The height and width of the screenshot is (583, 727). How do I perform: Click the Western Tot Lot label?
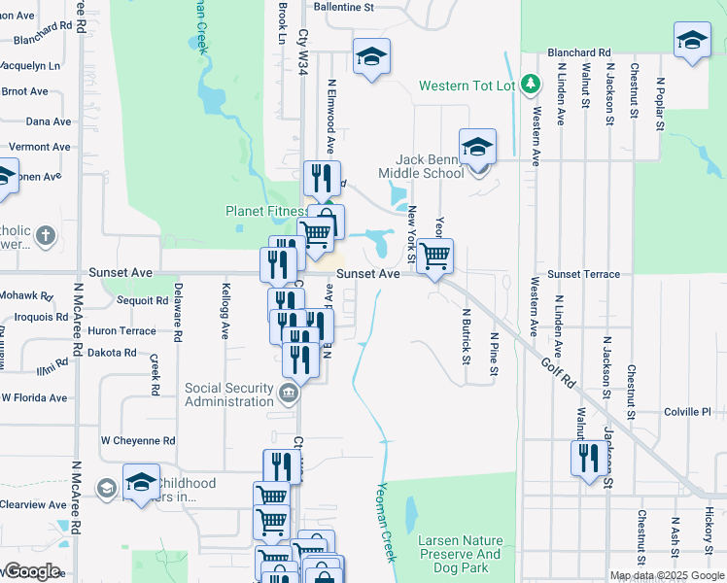point(466,86)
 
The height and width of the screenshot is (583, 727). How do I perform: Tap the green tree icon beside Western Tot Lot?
point(530,86)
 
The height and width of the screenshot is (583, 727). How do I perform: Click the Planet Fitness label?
point(266,211)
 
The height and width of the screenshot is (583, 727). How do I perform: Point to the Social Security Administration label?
point(230,394)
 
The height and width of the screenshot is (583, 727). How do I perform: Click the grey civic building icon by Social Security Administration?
point(289,394)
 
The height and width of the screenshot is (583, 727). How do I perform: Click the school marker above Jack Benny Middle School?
point(477,147)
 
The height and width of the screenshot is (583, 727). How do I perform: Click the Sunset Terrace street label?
point(583,275)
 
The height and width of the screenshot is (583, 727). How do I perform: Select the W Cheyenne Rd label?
point(137,440)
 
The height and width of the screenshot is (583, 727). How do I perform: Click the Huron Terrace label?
point(121,331)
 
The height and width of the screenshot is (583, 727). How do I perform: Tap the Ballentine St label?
point(342,7)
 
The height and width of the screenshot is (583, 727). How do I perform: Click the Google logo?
point(31,571)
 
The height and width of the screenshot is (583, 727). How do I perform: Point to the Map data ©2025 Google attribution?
point(666,575)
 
